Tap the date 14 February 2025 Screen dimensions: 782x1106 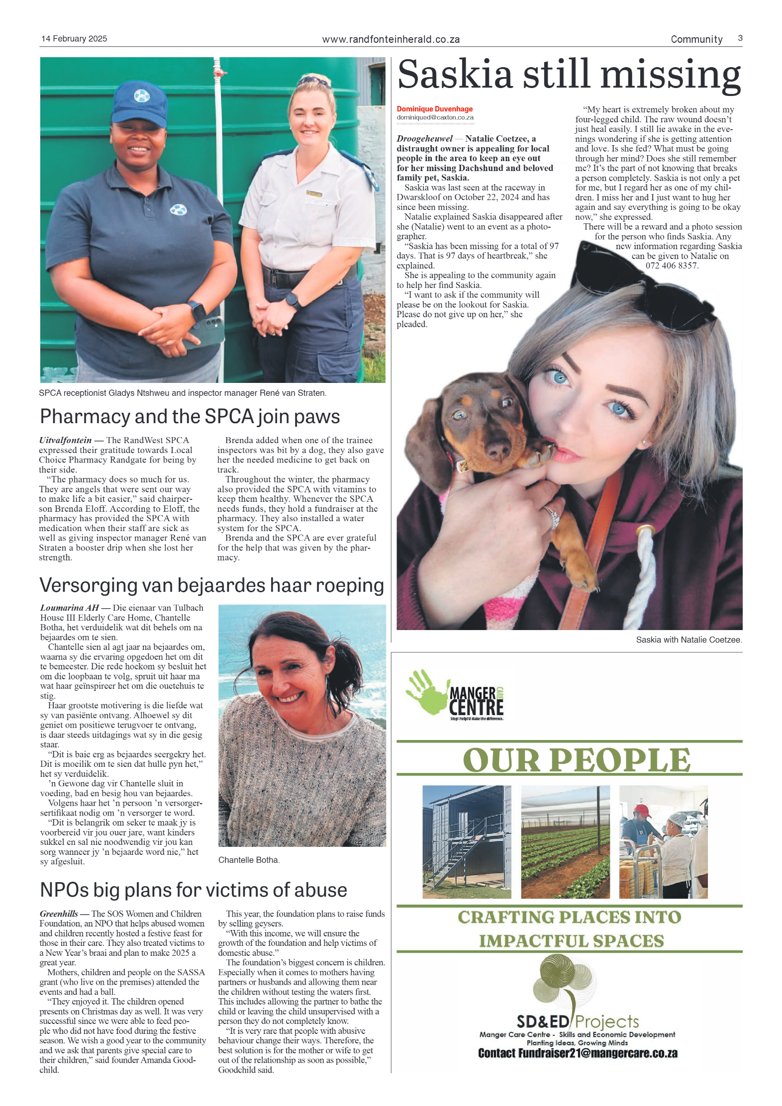tap(74, 39)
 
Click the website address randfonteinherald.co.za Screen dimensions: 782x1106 tap(391, 39)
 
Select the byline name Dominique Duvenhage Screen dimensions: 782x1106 tap(434, 109)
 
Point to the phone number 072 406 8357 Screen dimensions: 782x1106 tap(672, 266)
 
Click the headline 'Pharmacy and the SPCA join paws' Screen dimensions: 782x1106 tap(190, 417)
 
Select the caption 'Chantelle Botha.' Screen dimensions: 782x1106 tap(249, 860)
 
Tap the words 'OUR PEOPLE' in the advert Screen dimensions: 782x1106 tap(576, 760)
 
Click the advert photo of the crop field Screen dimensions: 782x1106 tap(565, 841)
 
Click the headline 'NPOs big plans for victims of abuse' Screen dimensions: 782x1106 tap(193, 890)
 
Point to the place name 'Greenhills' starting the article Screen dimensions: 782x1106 tap(59, 914)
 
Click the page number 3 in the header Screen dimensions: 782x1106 tap(740, 38)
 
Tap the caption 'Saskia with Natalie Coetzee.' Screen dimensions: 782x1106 tap(688, 640)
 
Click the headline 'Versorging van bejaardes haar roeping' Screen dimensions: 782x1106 tap(211, 585)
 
